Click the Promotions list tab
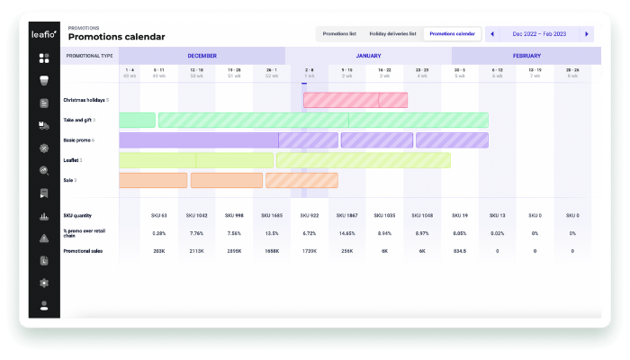[340, 34]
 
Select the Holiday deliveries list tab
[393, 34]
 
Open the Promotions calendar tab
[452, 34]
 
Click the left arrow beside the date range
[492, 34]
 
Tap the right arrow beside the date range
[587, 34]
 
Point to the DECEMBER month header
[202, 56]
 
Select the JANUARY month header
[368, 56]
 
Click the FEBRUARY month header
[526, 56]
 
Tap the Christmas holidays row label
[84, 100]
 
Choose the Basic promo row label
[78, 140]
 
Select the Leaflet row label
[72, 160]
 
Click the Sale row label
[68, 180]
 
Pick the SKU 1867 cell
[346, 216]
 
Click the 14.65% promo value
[346, 233]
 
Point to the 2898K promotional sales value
[234, 250]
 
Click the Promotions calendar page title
[116, 37]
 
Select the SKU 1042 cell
[196, 216]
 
